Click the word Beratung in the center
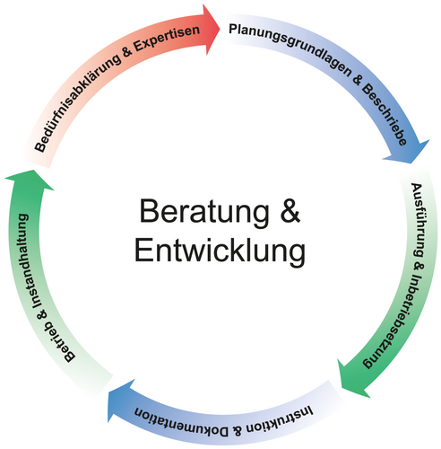click(204, 212)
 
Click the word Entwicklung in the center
click(220, 251)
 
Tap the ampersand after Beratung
click(290, 210)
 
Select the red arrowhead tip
click(220, 29)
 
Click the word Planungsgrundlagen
click(290, 49)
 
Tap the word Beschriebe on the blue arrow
click(385, 114)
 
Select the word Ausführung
click(418, 220)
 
